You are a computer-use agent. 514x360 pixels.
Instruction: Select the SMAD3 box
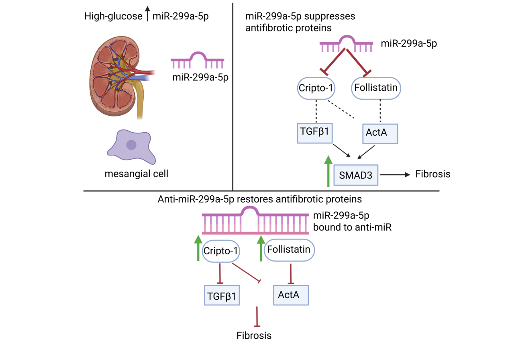(x=356, y=175)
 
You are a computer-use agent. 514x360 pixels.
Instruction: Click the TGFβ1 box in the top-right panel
(x=315, y=132)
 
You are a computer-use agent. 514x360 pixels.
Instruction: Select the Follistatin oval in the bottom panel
(x=289, y=250)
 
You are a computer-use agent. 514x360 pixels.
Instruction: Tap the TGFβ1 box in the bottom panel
(x=221, y=295)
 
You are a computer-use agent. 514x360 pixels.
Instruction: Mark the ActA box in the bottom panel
(x=291, y=295)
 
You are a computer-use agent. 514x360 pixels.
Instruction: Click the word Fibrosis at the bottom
(x=254, y=335)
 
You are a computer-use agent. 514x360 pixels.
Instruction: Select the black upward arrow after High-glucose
(x=148, y=14)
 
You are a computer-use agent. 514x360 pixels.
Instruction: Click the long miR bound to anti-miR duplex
(x=255, y=221)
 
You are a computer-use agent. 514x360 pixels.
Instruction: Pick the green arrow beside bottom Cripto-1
(x=198, y=248)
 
